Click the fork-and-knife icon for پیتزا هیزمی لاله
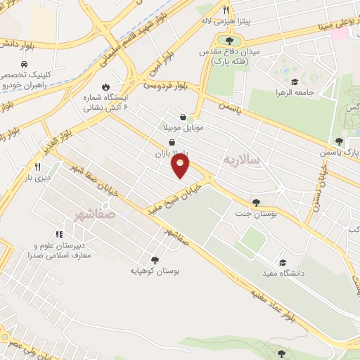[226, 10]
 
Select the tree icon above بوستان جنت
[255, 203]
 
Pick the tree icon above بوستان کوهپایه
[155, 259]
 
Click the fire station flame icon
[105, 88]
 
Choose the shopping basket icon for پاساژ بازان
[171, 141]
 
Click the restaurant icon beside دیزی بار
[37, 167]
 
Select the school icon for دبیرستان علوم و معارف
[58, 235]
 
